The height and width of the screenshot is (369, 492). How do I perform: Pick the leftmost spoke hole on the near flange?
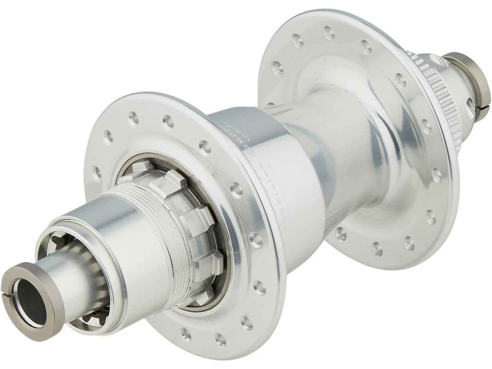[x=96, y=169]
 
